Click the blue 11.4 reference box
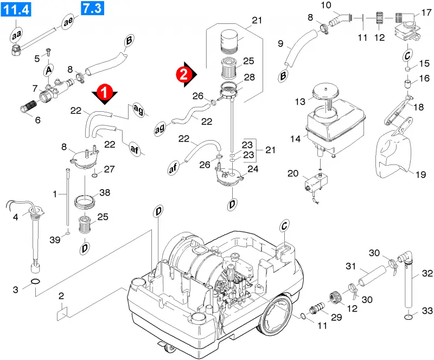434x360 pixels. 16,9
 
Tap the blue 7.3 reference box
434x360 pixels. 92,8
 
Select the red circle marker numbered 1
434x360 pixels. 105,92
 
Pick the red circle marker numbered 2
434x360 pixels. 184,74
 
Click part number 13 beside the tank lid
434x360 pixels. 300,102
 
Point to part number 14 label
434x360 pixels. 295,138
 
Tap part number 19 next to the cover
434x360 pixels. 420,175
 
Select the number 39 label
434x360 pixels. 55,239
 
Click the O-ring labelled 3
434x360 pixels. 35,282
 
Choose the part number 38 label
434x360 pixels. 105,192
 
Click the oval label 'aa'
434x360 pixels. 16,35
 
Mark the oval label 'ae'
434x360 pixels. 68,21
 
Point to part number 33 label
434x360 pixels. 427,311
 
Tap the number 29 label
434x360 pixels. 336,317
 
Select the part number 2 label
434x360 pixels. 61,296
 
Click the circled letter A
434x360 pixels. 49,70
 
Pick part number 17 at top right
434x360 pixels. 426,12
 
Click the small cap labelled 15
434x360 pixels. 407,69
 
